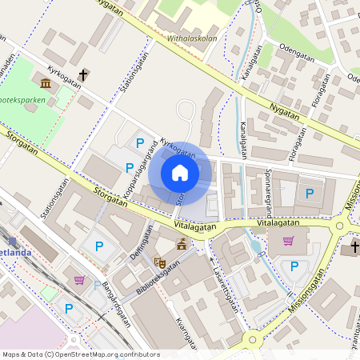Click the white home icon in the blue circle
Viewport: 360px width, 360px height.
180,173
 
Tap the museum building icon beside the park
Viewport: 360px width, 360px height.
45,83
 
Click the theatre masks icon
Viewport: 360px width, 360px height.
159,262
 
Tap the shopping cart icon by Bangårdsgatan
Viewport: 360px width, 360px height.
79,279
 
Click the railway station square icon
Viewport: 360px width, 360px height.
11,241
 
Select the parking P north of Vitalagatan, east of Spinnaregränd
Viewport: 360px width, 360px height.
309,193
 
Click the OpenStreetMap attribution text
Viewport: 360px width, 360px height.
81,354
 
